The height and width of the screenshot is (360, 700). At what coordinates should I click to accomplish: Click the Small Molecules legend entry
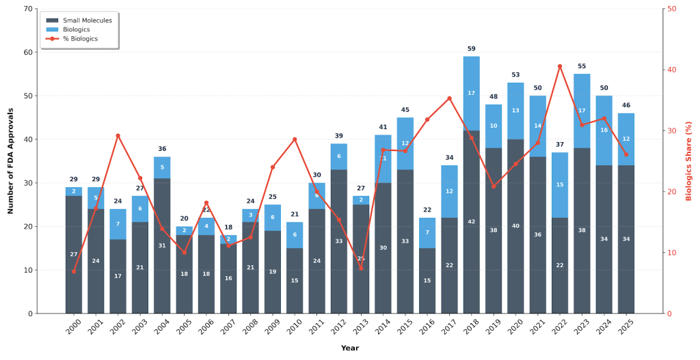[76, 20]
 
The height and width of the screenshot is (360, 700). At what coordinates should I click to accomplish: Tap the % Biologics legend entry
[76, 39]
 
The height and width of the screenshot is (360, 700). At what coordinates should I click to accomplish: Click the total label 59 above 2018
[471, 49]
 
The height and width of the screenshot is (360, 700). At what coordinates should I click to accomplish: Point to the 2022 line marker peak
[560, 66]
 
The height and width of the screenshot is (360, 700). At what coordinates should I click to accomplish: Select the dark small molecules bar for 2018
[471, 222]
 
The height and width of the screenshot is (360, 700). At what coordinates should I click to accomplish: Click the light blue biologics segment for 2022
[560, 184]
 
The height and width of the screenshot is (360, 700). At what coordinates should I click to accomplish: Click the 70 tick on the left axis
[28, 9]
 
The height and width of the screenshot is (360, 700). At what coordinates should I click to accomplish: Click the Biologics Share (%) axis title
[689, 161]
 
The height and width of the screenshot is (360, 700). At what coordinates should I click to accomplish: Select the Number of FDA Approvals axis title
[10, 161]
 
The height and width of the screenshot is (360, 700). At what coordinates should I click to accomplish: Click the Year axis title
[349, 348]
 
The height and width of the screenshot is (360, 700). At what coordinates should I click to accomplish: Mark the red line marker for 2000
[74, 271]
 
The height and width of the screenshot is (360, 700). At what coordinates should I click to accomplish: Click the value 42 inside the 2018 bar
[471, 222]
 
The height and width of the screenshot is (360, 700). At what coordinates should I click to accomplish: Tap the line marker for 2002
[118, 136]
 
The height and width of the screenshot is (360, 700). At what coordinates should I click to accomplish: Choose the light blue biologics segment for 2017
[449, 191]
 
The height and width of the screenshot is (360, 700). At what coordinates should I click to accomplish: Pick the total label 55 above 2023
[582, 66]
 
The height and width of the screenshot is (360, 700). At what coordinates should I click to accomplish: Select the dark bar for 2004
[162, 246]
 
